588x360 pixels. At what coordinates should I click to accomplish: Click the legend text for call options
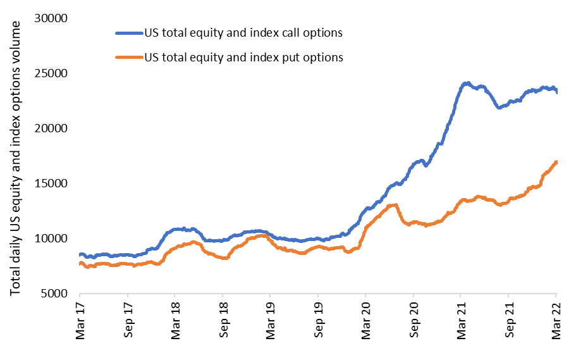click(243, 32)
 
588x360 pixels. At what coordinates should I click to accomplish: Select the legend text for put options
click(243, 57)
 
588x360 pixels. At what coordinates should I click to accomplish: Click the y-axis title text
click(17, 156)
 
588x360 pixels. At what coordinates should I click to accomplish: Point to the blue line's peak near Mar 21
click(467, 83)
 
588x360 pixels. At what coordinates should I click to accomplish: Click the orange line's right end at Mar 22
click(556, 163)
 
